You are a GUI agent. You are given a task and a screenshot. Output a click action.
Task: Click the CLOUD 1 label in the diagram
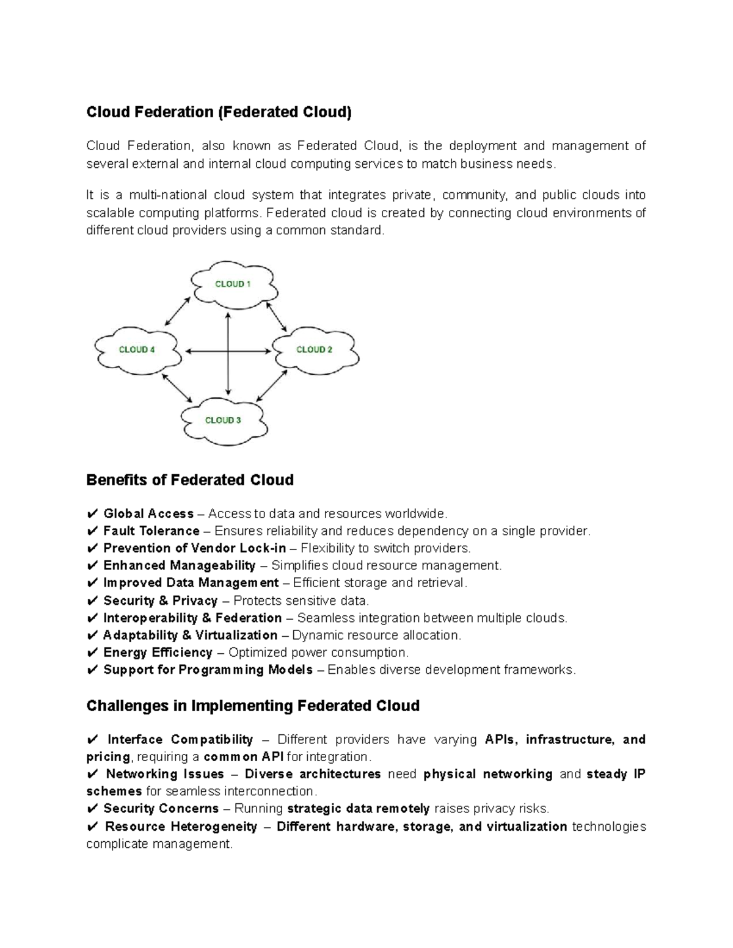(x=233, y=284)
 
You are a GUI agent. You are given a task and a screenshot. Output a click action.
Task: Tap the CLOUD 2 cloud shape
(x=315, y=350)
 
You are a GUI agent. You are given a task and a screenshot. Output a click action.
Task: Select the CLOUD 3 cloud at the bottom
(x=223, y=420)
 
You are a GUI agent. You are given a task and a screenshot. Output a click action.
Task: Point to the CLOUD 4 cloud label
(x=137, y=350)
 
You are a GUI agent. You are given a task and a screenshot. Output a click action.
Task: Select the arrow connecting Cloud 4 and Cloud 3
(x=177, y=387)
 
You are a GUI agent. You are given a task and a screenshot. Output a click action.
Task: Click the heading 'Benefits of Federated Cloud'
(x=190, y=480)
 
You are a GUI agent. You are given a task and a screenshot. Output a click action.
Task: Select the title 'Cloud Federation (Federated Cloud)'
(x=219, y=112)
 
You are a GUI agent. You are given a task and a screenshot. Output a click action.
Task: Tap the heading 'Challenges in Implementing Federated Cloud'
(x=253, y=706)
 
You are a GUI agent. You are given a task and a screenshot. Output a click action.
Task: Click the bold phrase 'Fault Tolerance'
(x=151, y=531)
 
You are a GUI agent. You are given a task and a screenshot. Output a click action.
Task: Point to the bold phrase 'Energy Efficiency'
(x=158, y=653)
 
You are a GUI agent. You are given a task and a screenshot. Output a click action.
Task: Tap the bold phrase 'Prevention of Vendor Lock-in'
(x=194, y=548)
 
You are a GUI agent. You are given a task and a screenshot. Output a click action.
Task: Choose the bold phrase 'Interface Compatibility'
(x=180, y=740)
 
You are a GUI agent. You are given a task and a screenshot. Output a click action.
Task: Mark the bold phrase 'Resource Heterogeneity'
(x=181, y=827)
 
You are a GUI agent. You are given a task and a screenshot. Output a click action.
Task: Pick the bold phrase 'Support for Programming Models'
(x=208, y=670)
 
